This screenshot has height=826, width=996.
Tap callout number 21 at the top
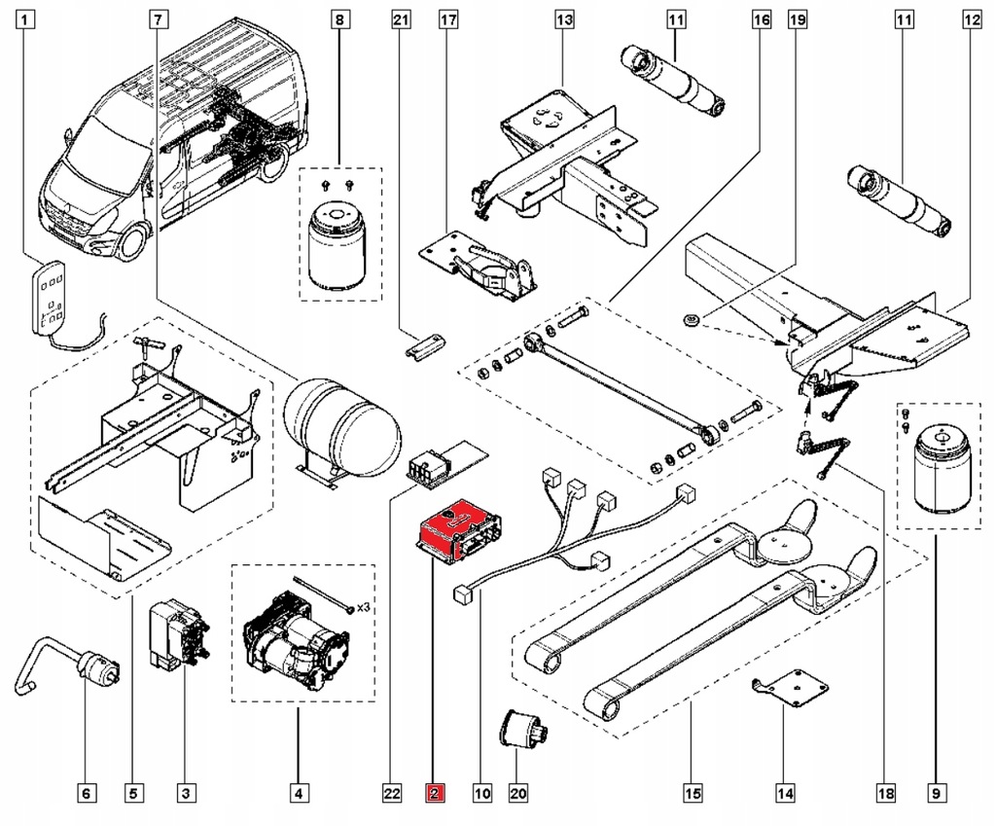pos(401,18)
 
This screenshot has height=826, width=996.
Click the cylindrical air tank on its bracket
pos(342,425)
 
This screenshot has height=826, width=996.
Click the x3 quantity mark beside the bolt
pos(363,607)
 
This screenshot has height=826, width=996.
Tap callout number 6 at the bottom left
pos(86,795)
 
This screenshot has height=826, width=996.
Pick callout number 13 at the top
pos(566,18)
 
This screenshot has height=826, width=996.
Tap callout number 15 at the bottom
pos(692,795)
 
